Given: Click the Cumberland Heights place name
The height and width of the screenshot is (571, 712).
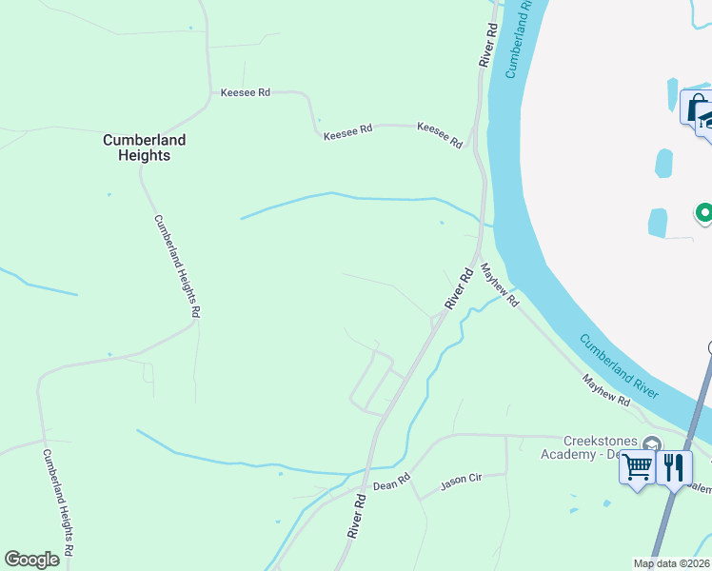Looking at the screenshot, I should point(144,147).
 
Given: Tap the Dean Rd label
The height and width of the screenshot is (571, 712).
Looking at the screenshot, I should point(390,484).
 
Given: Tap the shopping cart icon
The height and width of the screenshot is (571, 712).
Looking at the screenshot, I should point(638,467).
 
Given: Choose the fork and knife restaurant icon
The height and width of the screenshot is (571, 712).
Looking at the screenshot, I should point(674,467).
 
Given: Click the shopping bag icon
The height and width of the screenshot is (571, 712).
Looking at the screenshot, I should point(696,107).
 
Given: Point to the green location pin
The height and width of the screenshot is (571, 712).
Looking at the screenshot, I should point(703,213).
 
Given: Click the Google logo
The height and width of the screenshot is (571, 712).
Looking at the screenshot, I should point(32,560).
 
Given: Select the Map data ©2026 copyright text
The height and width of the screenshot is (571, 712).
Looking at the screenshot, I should point(671,563).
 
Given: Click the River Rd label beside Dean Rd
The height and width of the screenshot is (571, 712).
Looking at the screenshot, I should point(357,515).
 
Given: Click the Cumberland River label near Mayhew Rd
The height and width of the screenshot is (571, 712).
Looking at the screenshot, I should point(620,365).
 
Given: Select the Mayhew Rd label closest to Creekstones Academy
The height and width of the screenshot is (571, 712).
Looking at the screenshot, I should point(606,390).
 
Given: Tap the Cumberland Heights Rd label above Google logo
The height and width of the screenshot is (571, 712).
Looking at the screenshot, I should point(56,502).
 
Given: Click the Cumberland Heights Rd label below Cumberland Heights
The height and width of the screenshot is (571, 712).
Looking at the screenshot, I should point(177,265).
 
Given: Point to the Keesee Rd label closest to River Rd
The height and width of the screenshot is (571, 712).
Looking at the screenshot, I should point(440,136).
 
